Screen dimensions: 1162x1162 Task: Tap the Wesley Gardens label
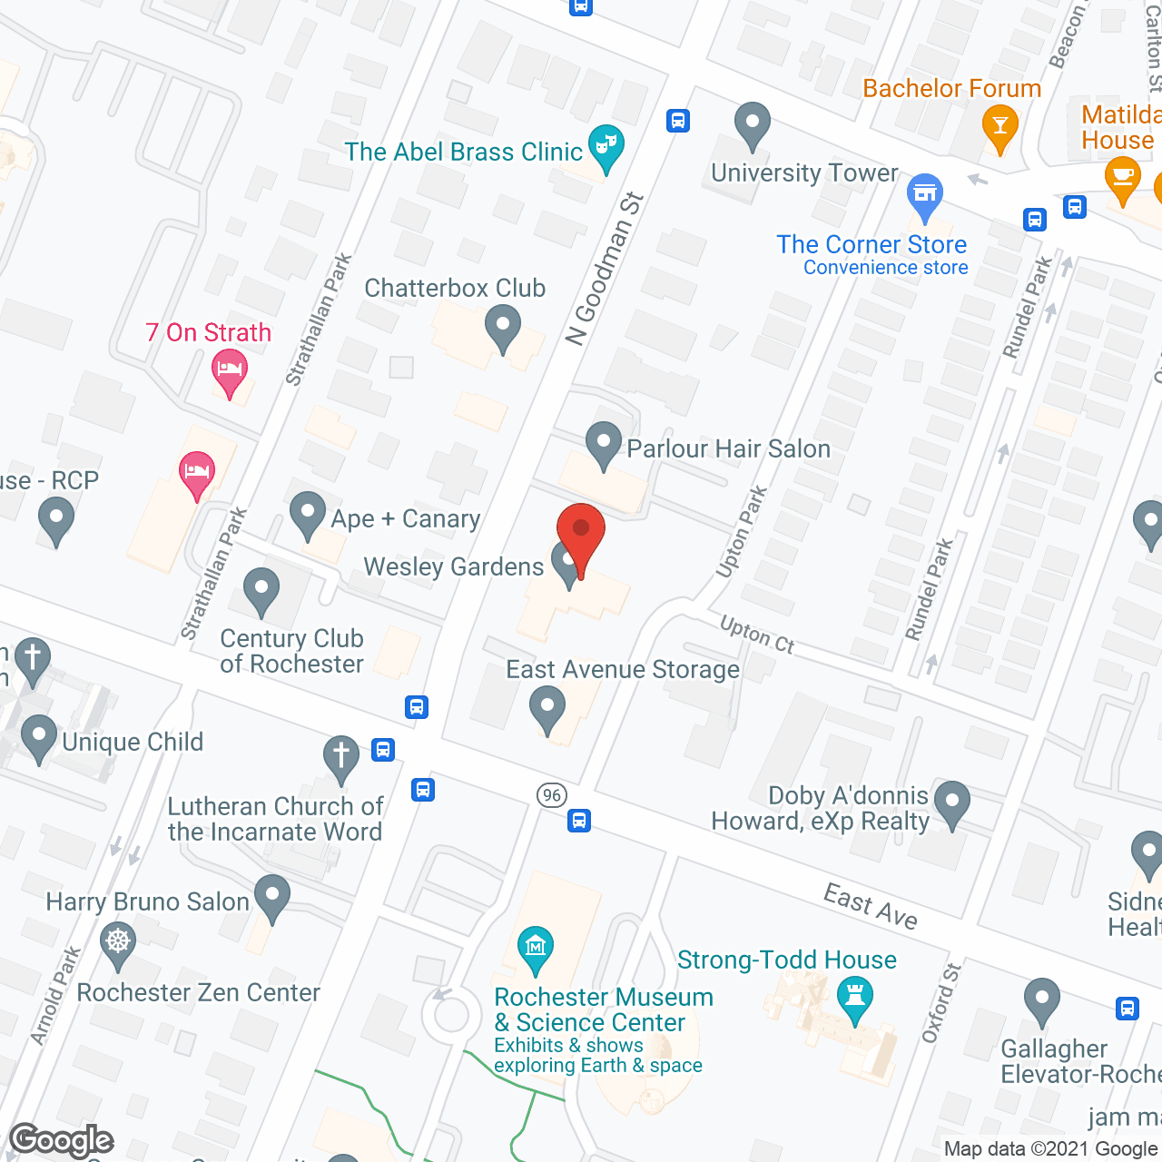pyautogui.click(x=453, y=567)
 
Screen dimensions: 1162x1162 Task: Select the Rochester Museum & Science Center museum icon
pyautogui.click(x=536, y=949)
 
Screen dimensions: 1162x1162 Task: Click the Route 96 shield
pyautogui.click(x=551, y=796)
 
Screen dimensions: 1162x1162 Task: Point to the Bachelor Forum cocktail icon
pyautogui.click(x=1000, y=127)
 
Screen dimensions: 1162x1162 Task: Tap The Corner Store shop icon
pyautogui.click(x=925, y=195)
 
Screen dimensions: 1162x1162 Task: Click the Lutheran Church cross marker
pyautogui.click(x=341, y=757)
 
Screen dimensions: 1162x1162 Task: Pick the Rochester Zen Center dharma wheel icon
pyautogui.click(x=118, y=942)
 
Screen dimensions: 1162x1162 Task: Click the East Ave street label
pyautogui.click(x=870, y=907)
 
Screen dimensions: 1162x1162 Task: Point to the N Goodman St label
pyautogui.click(x=604, y=269)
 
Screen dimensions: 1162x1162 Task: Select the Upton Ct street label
pyautogui.click(x=757, y=635)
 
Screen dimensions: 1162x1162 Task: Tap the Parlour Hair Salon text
pyautogui.click(x=728, y=449)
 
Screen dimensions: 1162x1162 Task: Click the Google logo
pyautogui.click(x=62, y=1140)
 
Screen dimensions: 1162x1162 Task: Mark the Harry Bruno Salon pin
pyautogui.click(x=271, y=896)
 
